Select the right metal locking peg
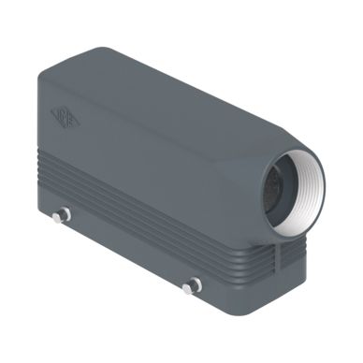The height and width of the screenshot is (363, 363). [194, 285]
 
